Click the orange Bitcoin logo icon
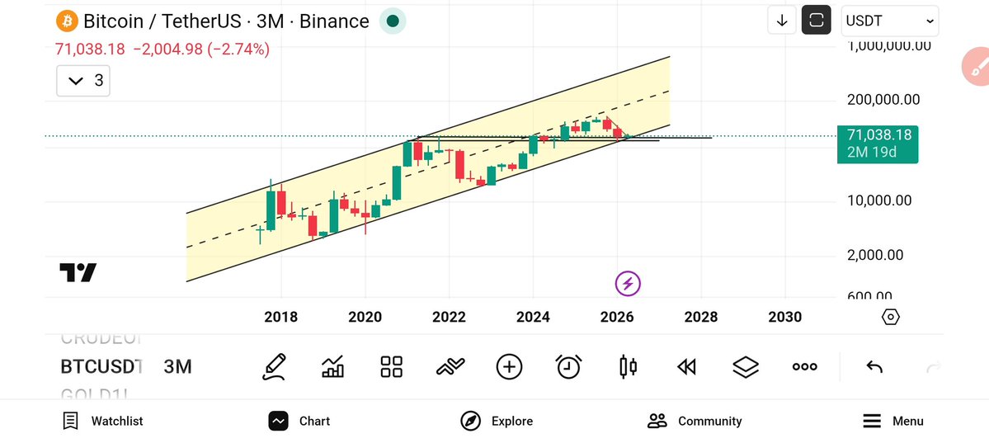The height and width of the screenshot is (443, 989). pyautogui.click(x=67, y=21)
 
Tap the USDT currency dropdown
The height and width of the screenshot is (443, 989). pyautogui.click(x=890, y=21)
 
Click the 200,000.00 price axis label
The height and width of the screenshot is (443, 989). pyautogui.click(x=883, y=100)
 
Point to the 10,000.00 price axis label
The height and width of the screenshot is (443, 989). pyautogui.click(x=879, y=200)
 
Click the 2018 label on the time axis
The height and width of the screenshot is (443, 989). pyautogui.click(x=280, y=317)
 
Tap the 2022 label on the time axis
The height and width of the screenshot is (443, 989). pyautogui.click(x=449, y=317)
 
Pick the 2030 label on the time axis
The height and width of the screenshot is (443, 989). pyautogui.click(x=784, y=317)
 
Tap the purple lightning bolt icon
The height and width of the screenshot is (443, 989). pyautogui.click(x=628, y=284)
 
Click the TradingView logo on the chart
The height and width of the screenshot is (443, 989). pyautogui.click(x=78, y=272)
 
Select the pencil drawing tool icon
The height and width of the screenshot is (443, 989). pyautogui.click(x=275, y=366)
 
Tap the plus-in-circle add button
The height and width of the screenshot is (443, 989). pyautogui.click(x=509, y=366)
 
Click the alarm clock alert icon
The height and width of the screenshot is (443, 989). pyautogui.click(x=568, y=366)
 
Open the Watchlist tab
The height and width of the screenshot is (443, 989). pyautogui.click(x=103, y=421)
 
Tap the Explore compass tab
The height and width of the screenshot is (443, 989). pyautogui.click(x=497, y=421)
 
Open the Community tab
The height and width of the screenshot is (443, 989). pyautogui.click(x=695, y=421)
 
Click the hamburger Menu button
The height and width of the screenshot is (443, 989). pyautogui.click(x=892, y=421)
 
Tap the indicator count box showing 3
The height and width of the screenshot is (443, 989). pyautogui.click(x=83, y=80)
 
